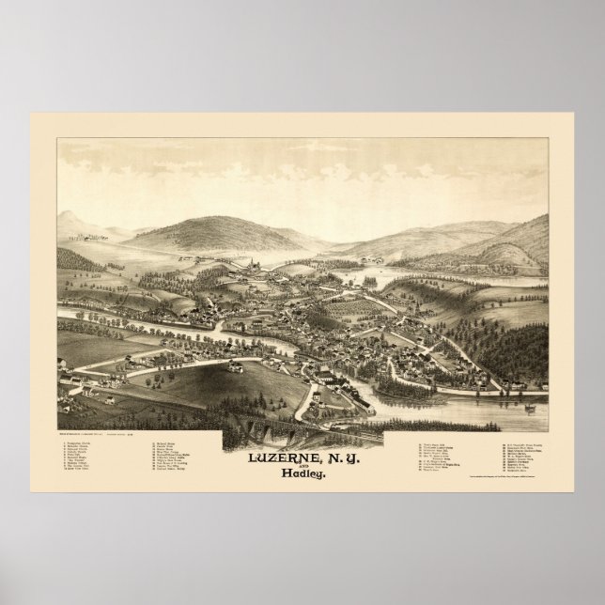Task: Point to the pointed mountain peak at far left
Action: (x=69, y=219)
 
